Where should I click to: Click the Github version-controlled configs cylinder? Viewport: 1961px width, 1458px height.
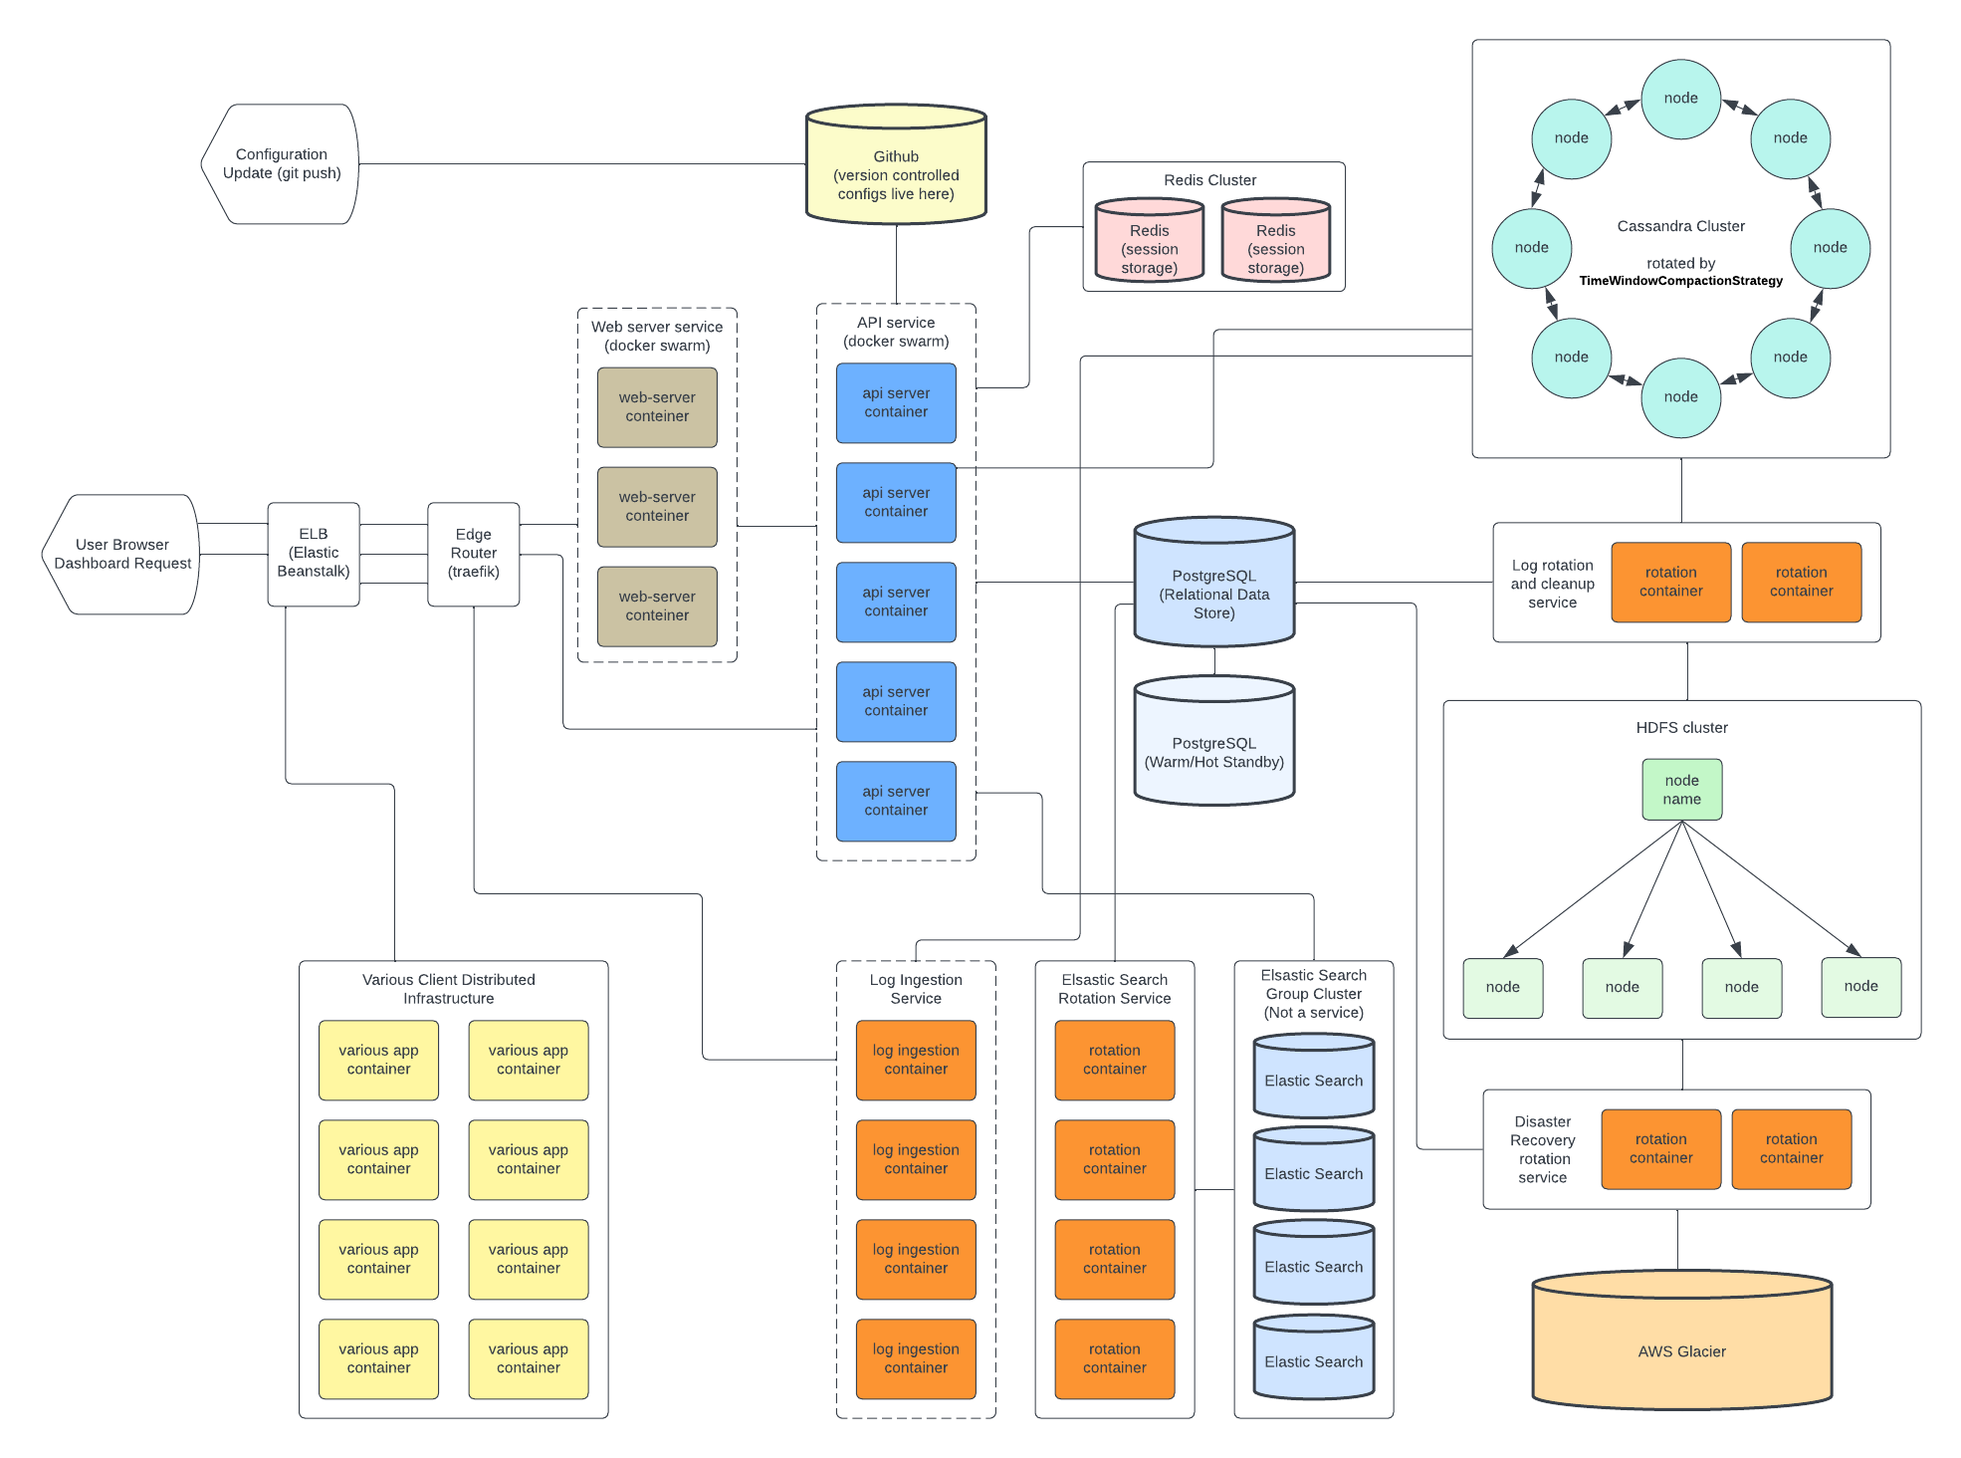(895, 169)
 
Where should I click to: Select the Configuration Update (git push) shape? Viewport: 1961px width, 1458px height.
(281, 163)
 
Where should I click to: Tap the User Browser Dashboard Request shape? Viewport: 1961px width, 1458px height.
(121, 554)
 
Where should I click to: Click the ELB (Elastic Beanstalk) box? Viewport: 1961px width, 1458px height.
(313, 553)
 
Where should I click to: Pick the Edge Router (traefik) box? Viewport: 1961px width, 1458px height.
(473, 553)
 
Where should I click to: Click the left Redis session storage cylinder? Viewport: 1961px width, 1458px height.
(1149, 244)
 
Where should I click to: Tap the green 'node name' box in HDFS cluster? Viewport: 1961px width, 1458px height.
(1681, 790)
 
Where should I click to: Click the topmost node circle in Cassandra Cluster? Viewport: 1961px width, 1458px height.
(1680, 99)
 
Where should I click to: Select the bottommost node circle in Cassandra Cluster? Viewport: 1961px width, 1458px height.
(1680, 397)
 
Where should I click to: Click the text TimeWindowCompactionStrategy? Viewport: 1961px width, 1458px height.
(1680, 281)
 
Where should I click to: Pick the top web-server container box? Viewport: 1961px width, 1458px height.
(657, 407)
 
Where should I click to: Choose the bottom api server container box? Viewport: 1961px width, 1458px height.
(896, 801)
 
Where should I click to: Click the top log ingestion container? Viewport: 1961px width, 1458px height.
(916, 1060)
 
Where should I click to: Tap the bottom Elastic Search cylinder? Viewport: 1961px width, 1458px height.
(1313, 1359)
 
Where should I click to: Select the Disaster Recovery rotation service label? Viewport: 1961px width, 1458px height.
(1542, 1149)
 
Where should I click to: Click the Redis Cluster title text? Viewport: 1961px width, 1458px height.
(1209, 180)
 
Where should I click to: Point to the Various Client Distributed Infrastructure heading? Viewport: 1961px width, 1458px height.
(448, 989)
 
